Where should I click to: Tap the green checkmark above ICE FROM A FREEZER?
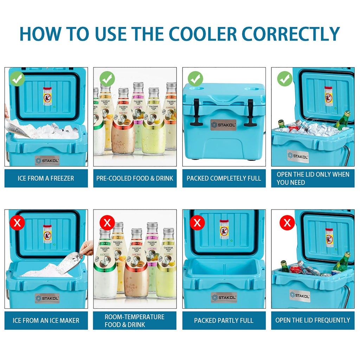coord(18,79)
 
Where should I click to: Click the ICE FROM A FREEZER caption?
coord(46,178)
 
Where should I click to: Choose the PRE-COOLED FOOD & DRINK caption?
coord(135,178)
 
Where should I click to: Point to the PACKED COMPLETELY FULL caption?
coord(224,178)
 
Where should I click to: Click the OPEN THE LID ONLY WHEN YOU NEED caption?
coord(313,178)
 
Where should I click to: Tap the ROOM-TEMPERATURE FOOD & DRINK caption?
coord(135,320)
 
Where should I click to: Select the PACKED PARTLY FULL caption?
coord(224,320)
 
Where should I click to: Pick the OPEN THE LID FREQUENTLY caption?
coord(313,320)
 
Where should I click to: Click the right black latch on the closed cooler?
coord(250,112)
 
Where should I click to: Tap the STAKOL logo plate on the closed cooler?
coord(223,125)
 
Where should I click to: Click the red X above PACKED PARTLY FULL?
coord(197,222)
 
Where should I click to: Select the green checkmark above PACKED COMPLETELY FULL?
coord(195,79)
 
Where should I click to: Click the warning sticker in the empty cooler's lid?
coord(224,229)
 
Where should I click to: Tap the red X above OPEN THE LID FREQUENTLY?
coord(287,222)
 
